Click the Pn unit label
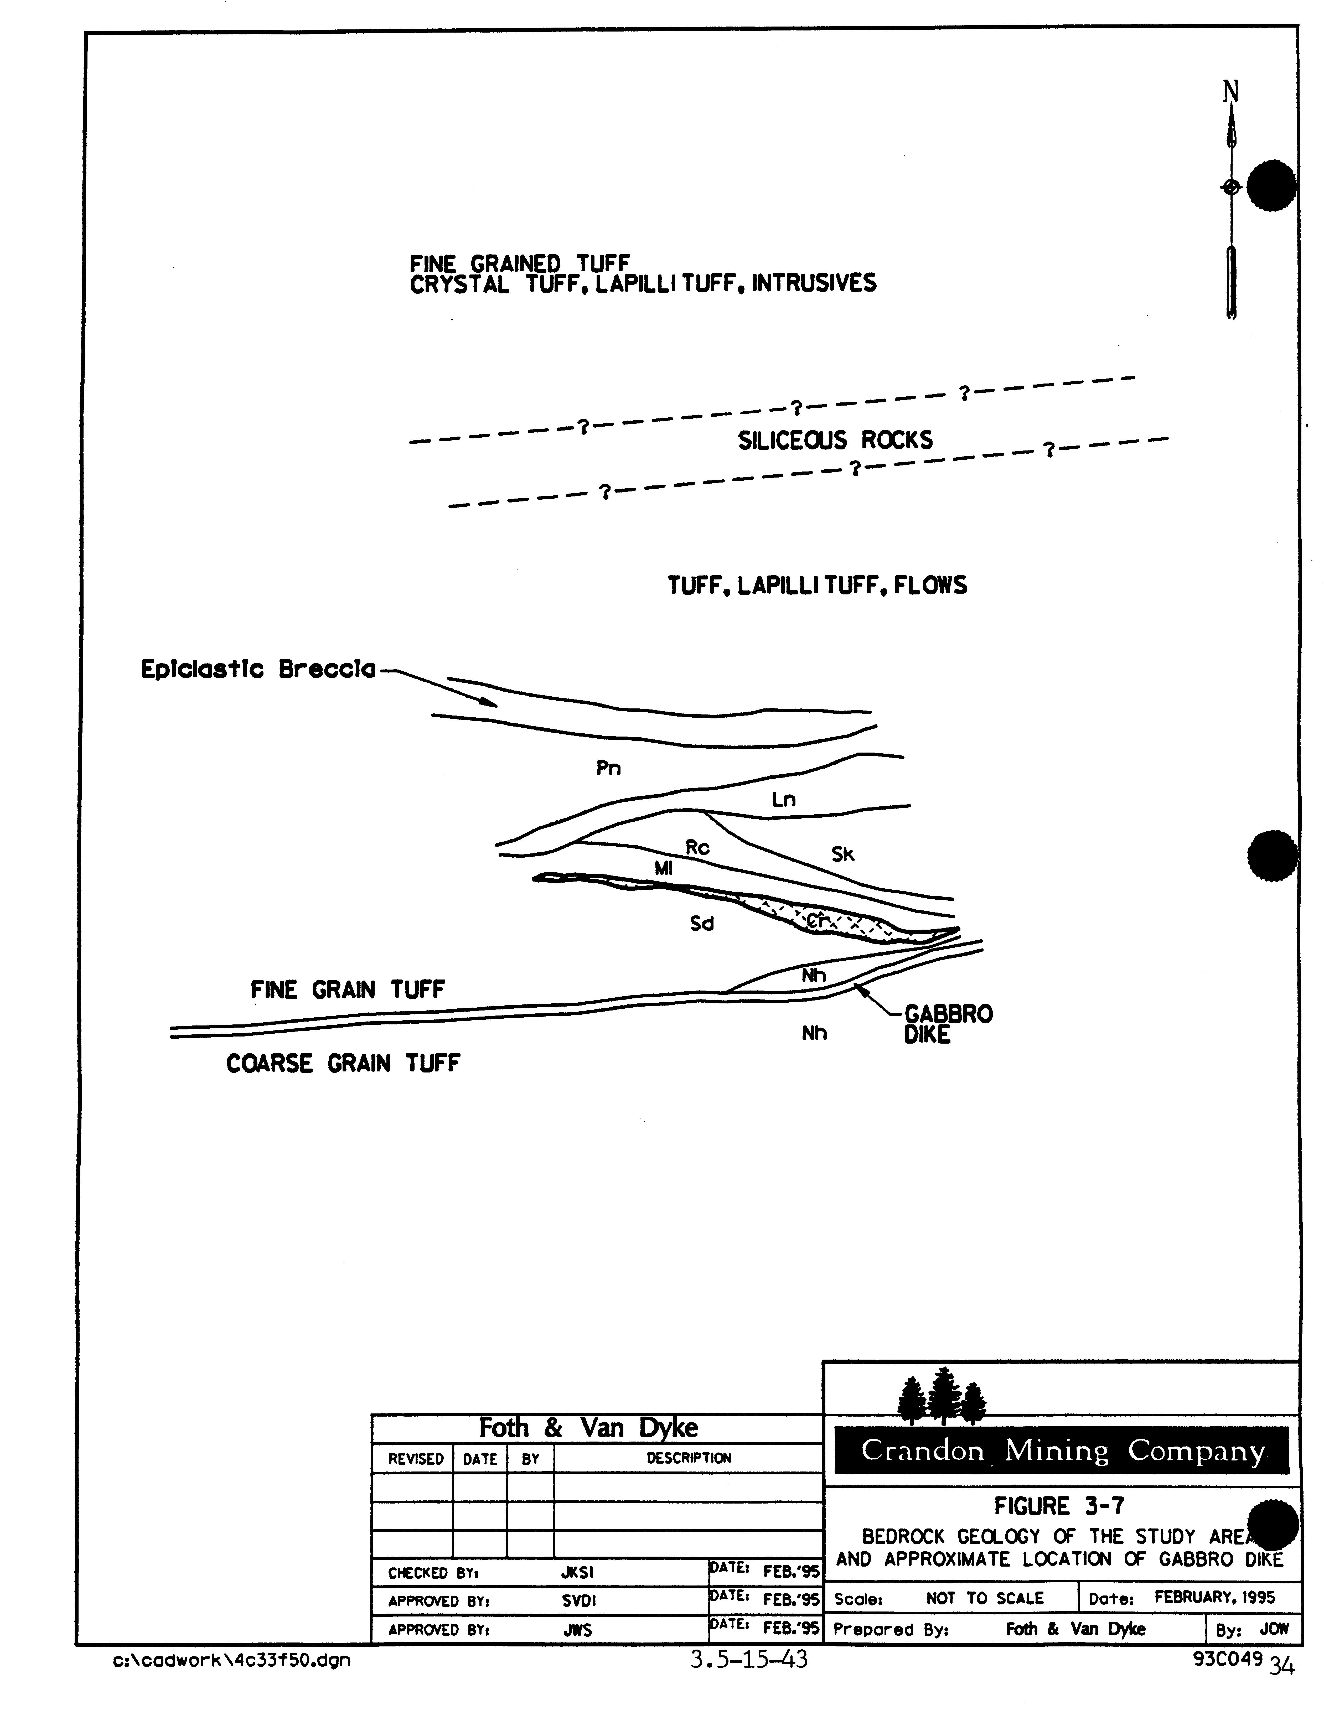[x=608, y=768]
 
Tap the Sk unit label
[x=843, y=854]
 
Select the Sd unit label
[x=702, y=924]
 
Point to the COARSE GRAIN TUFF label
[x=343, y=1063]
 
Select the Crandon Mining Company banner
[x=1062, y=1451]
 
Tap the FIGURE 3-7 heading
[x=1059, y=1506]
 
